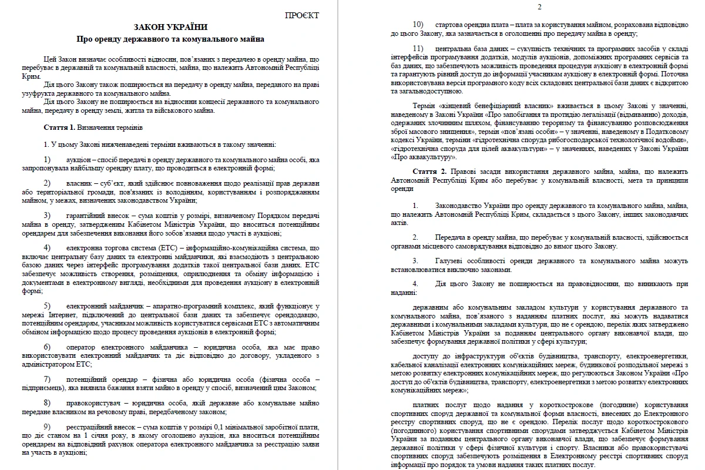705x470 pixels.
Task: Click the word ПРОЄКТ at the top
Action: (x=302, y=15)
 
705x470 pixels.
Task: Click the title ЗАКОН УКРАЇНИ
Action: (x=170, y=27)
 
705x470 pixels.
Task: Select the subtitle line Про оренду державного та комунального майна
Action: (x=170, y=39)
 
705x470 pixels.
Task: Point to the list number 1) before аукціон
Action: (x=48, y=160)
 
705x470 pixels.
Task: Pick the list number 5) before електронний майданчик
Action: (x=48, y=306)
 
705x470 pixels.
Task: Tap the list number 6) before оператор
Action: (x=48, y=347)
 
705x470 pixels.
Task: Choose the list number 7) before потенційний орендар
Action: (x=48, y=380)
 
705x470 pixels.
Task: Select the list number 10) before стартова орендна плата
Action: (x=418, y=25)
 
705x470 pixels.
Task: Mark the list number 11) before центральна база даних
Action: (x=418, y=48)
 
